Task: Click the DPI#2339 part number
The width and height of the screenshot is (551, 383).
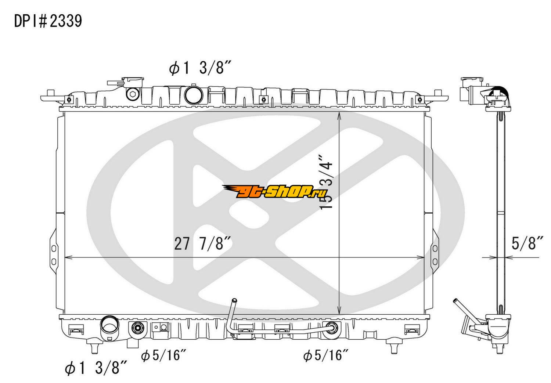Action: click(48, 21)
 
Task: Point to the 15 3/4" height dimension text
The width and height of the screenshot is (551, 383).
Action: click(327, 182)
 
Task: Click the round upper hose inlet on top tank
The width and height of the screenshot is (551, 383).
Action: click(194, 95)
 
